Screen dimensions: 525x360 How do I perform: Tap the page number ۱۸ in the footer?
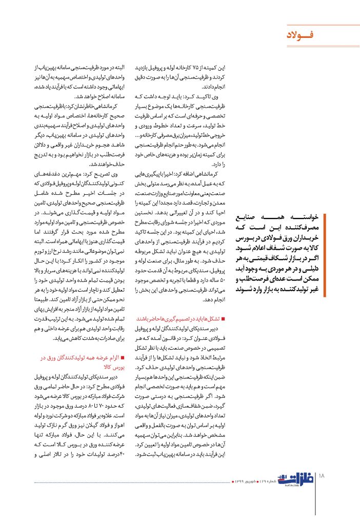(x=322, y=476)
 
